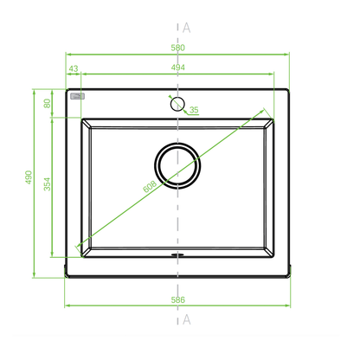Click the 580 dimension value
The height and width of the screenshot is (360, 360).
pyautogui.click(x=177, y=48)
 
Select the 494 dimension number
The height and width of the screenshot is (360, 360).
pyautogui.click(x=178, y=67)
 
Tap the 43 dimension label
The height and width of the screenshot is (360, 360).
pyautogui.click(x=74, y=68)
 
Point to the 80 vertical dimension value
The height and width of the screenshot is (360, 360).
pyautogui.click(x=47, y=103)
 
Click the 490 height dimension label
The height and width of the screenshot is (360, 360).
pyautogui.click(x=29, y=177)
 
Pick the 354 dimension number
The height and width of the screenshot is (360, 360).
pyautogui.click(x=47, y=184)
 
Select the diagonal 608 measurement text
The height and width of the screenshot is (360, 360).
pyautogui.click(x=150, y=186)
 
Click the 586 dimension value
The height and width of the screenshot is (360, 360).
pyautogui.click(x=177, y=299)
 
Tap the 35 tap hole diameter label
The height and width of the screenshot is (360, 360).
pyautogui.click(x=194, y=110)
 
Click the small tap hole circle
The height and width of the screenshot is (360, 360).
pyautogui.click(x=177, y=104)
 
